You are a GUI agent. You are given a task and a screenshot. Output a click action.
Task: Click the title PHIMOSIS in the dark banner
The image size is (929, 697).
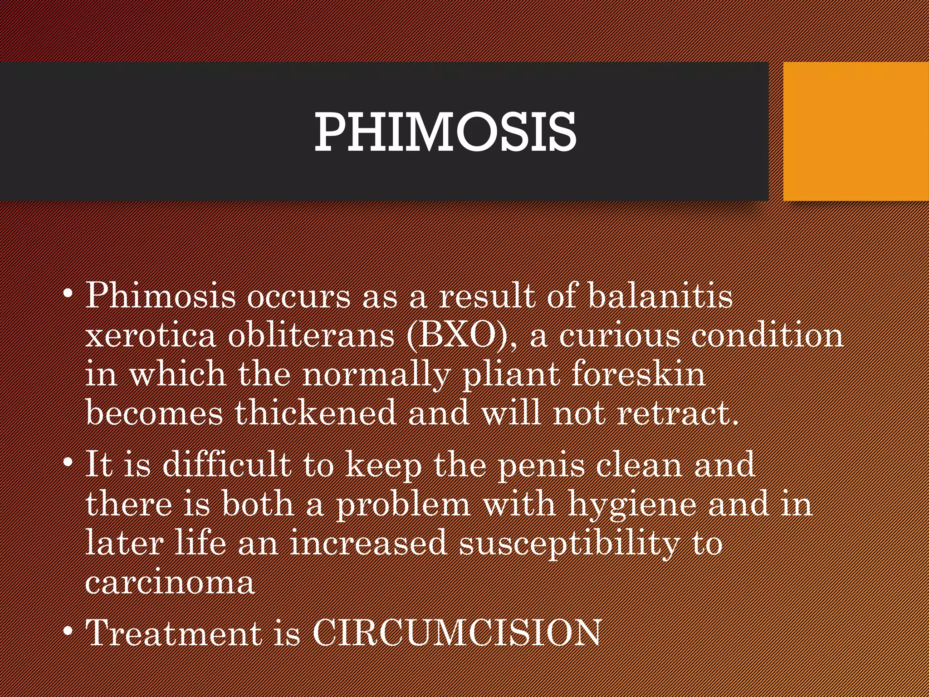click(x=445, y=132)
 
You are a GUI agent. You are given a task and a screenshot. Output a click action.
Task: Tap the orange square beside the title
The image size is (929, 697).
click(x=856, y=131)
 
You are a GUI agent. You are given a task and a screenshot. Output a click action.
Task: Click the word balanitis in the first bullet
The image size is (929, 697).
click(x=660, y=296)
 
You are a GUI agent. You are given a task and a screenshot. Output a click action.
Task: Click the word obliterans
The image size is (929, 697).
click(x=311, y=336)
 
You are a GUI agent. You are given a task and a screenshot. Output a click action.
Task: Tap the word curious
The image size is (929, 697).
click(x=619, y=336)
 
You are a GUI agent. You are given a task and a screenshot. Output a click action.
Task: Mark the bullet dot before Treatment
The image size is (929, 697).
click(x=68, y=631)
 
